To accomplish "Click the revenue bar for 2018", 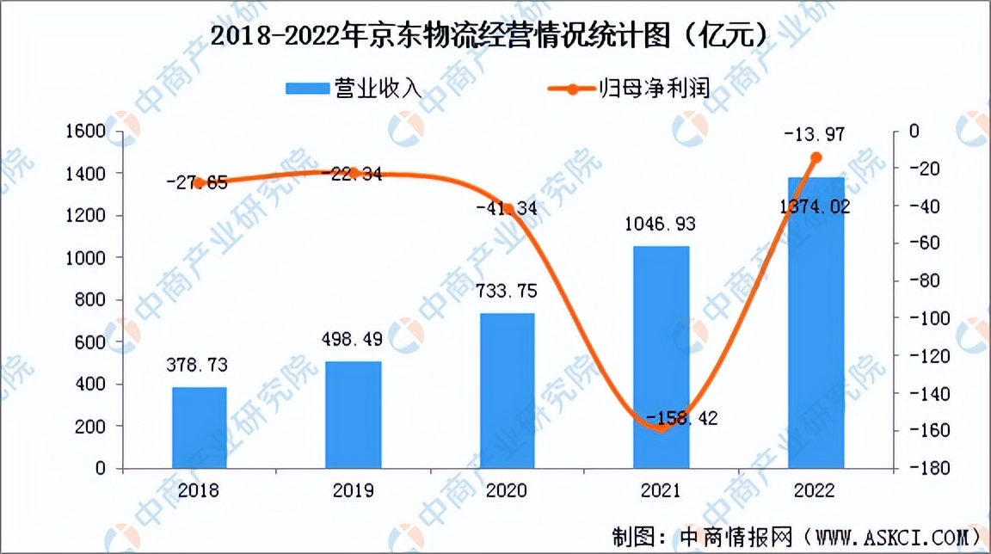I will point(200,428).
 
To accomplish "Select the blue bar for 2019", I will point(354,415).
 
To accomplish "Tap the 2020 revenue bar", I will point(508,391).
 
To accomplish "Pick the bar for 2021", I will point(662,357).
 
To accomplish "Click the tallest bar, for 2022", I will point(816,323).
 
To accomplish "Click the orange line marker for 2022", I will point(816,157).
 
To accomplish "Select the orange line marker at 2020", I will point(508,208).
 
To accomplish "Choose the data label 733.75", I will point(507,292).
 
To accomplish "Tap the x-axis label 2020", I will point(507,490).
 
